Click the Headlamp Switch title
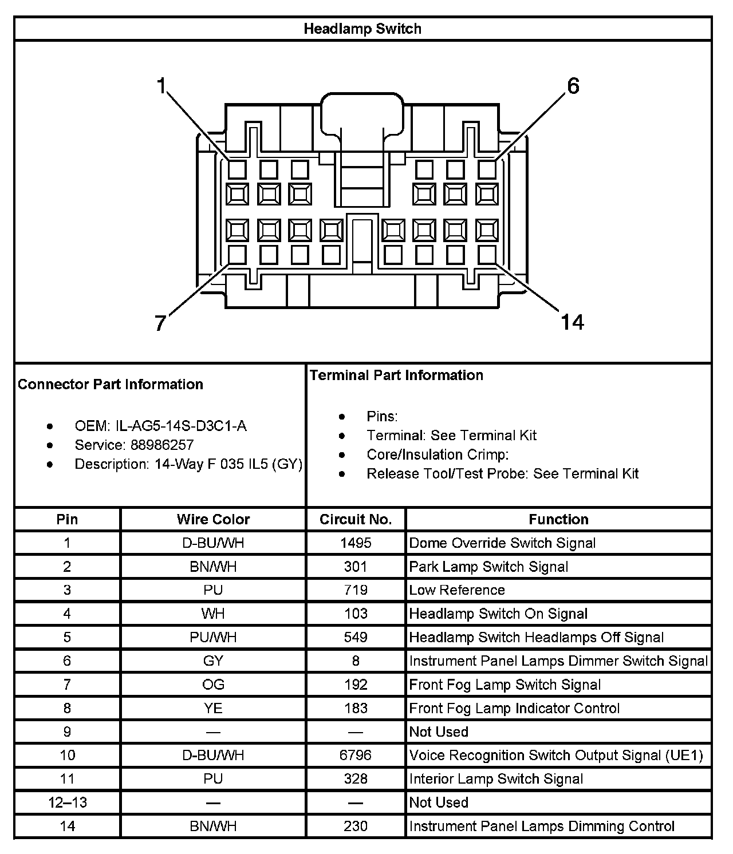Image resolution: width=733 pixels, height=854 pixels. point(362,29)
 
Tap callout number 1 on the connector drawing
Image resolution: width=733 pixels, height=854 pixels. point(161,86)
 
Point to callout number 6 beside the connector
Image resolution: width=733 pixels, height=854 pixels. point(573,86)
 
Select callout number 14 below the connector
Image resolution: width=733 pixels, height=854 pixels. point(572,322)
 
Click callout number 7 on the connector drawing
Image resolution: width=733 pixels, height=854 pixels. point(160,323)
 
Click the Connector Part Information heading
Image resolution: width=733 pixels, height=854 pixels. point(111,384)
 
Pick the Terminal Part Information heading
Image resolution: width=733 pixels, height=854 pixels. point(396,375)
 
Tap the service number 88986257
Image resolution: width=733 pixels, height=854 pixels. point(162,445)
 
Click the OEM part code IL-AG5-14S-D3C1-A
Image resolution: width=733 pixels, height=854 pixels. point(181,426)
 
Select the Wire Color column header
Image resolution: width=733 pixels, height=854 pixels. point(213,519)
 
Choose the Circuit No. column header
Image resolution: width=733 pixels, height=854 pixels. point(356,519)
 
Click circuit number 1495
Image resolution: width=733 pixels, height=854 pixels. point(356,543)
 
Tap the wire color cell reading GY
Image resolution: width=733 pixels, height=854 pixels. point(213,661)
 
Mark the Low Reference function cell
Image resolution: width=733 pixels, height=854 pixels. point(457,590)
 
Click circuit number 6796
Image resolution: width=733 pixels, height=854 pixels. point(356,755)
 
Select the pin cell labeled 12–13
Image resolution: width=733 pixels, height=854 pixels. point(68,802)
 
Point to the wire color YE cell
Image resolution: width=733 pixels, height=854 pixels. point(213,708)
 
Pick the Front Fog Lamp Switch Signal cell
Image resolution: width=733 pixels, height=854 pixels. point(505,685)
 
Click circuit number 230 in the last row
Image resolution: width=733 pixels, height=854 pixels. point(356,826)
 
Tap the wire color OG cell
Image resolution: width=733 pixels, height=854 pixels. point(213,685)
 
